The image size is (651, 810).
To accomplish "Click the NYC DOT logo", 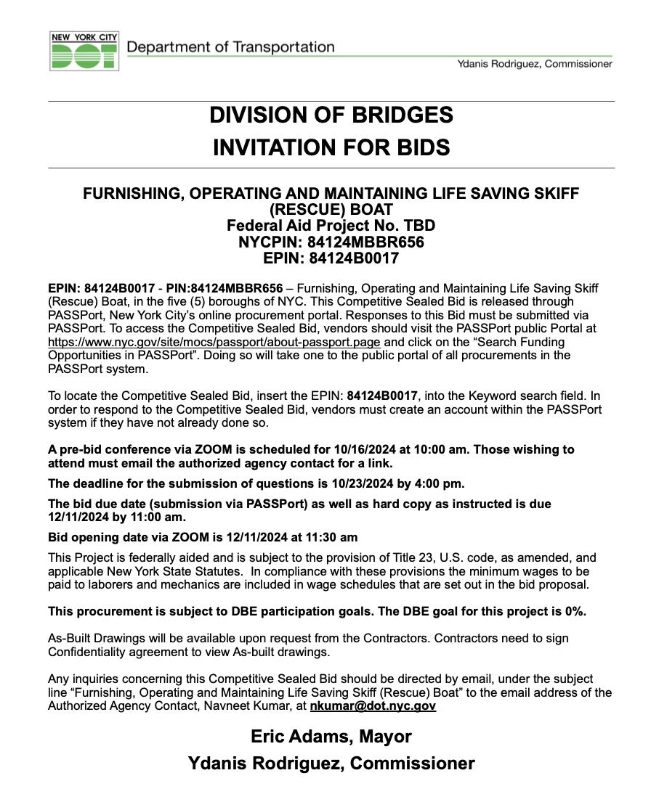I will [84, 51].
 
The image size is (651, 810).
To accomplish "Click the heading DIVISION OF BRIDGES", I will [331, 115].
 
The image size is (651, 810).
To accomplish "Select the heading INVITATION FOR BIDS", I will [331, 148].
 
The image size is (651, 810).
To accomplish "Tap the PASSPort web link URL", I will [214, 342].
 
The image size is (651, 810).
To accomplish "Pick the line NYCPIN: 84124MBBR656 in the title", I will [331, 242].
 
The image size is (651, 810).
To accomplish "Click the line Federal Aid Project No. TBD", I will [331, 226].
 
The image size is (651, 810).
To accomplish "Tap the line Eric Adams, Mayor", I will [331, 737].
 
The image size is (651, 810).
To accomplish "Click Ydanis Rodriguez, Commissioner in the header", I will [534, 64].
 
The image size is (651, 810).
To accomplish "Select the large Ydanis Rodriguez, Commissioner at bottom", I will [331, 764].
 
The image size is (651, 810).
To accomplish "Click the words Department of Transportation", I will [230, 48].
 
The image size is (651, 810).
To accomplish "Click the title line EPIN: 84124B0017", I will [331, 258].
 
